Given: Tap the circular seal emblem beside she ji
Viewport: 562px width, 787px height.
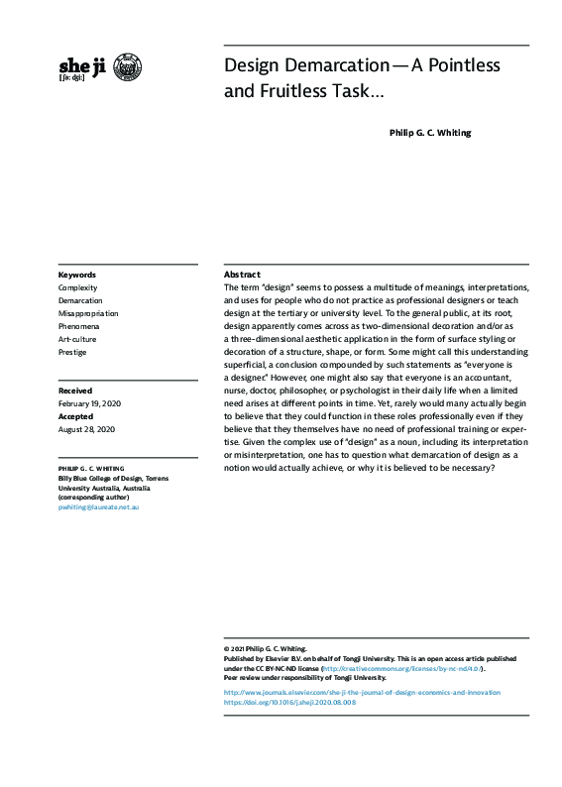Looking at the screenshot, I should point(128,67).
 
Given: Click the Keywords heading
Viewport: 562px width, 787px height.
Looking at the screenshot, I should point(77,275).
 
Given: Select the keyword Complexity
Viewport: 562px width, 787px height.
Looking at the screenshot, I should point(78,287).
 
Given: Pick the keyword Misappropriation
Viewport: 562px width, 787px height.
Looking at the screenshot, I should point(88,313).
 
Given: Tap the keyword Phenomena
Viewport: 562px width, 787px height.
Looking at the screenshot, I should point(79,326).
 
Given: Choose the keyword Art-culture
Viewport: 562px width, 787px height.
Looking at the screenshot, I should point(77,339).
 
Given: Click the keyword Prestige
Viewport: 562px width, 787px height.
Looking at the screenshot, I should point(72,352).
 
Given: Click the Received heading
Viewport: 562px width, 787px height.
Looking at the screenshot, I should point(75,392).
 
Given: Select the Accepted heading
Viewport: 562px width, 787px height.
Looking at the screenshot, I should point(76,417).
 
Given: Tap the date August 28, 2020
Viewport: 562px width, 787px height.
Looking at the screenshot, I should point(86,430).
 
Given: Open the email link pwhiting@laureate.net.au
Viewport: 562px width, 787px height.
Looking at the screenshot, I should point(99,506).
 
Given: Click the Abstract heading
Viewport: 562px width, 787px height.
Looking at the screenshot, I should point(242,274).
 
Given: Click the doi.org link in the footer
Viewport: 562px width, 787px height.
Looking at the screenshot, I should point(289,702).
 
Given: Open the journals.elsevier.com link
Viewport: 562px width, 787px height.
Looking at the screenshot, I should point(362,692).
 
